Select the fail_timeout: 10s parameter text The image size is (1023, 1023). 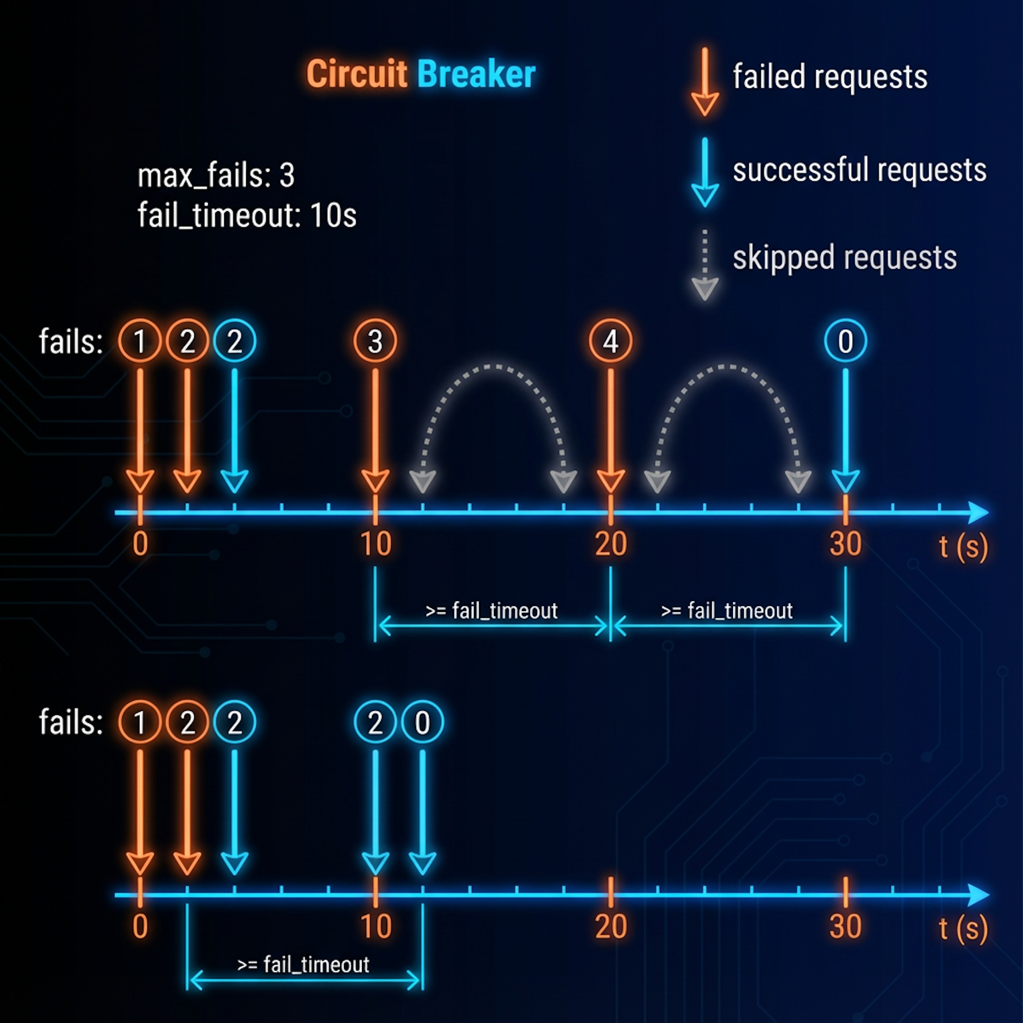point(247,215)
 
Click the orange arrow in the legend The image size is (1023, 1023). point(705,82)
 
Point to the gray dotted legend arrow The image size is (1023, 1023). point(705,265)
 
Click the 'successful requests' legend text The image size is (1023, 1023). point(860,170)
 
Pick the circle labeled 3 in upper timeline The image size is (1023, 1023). point(375,341)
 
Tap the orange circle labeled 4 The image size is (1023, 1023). point(611,341)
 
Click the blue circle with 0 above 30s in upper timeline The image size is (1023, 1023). point(846,341)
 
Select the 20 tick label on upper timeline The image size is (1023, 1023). point(611,544)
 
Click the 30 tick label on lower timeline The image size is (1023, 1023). point(846,926)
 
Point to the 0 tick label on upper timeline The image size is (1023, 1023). point(140,544)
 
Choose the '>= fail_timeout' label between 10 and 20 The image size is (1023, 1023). point(492,611)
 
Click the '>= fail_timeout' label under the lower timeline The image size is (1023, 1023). point(303,965)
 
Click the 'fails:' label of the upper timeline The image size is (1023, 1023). point(70,342)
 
